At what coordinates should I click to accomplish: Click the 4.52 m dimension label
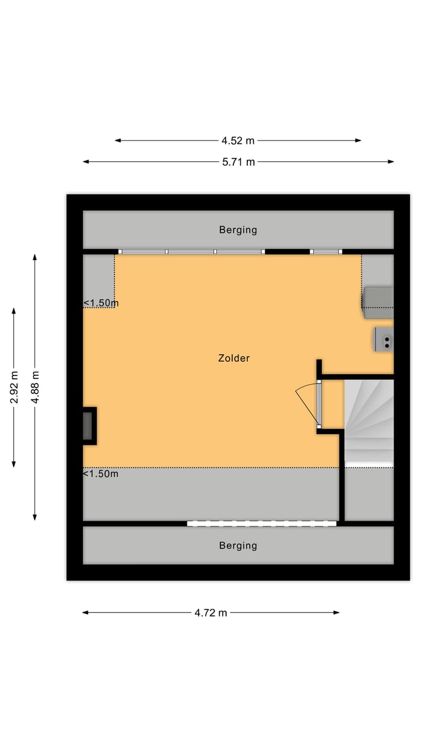(238, 141)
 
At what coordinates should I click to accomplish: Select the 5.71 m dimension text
(238, 162)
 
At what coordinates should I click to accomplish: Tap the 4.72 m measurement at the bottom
(211, 613)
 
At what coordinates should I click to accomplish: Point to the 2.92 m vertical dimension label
(14, 387)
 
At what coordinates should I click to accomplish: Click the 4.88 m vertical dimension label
(35, 387)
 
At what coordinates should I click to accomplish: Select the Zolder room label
(234, 358)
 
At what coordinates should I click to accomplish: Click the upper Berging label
(238, 230)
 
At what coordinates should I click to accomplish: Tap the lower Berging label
(238, 545)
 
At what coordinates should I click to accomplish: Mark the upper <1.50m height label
(100, 303)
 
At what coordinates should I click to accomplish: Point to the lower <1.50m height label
(100, 474)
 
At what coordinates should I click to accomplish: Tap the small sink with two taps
(384, 339)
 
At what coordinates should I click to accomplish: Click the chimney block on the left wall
(89, 425)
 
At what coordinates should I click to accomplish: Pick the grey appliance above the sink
(377, 298)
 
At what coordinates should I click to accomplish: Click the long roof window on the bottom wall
(262, 523)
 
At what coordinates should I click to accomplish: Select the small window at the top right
(326, 252)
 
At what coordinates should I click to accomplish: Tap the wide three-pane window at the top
(192, 252)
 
